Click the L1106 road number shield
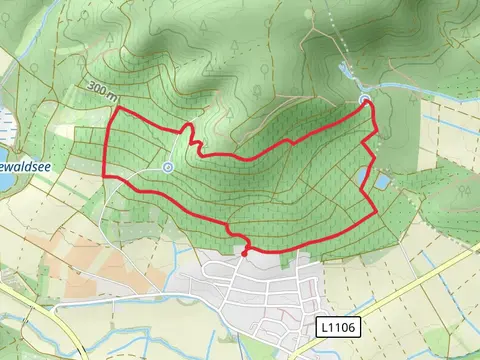[337, 327]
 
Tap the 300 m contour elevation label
[103, 90]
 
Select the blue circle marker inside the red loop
[168, 167]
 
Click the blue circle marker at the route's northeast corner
[365, 101]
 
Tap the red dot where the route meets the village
[243, 253]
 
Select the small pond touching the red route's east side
[363, 178]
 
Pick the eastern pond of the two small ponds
[381, 182]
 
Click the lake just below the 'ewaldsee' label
[5, 181]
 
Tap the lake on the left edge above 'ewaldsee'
[5, 125]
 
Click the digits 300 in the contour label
[98, 87]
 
